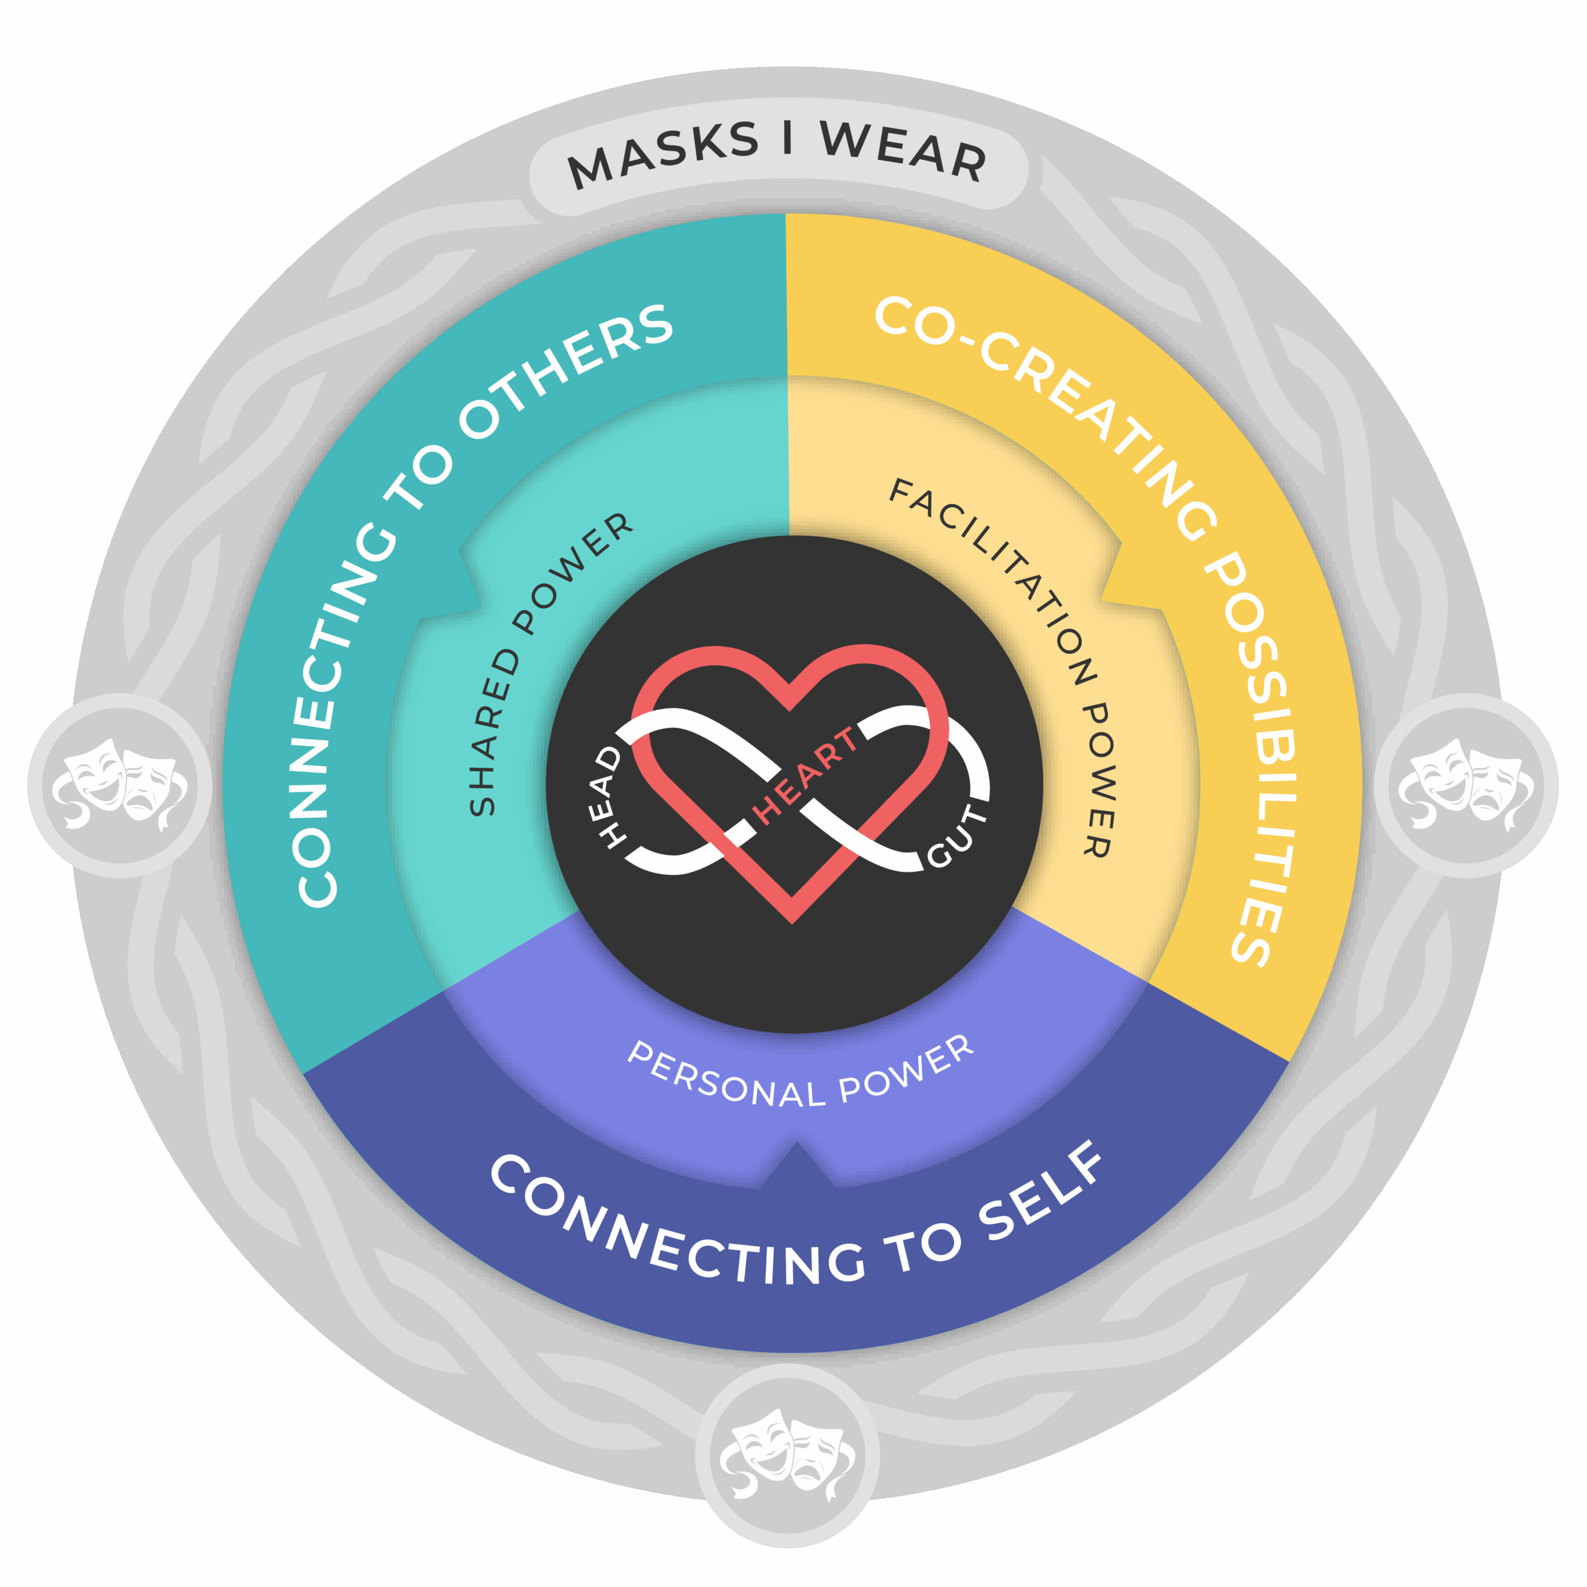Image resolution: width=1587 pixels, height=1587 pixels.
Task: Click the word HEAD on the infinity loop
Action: (609, 796)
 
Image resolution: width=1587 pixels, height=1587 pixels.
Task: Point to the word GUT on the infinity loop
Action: (958, 837)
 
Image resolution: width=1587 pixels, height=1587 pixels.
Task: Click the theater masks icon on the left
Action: (120, 784)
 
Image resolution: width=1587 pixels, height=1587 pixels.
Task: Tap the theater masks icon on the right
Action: (1466, 784)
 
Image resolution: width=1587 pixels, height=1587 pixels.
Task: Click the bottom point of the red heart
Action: (792, 921)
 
